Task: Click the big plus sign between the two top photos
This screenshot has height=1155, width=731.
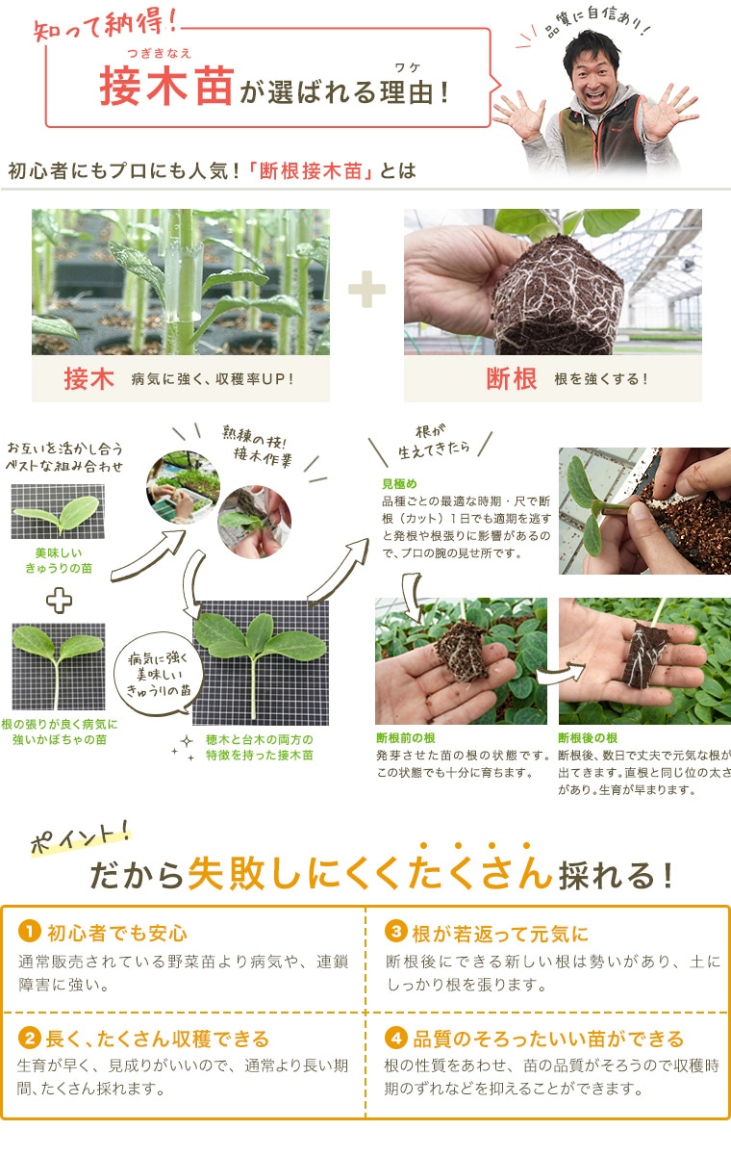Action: tap(366, 289)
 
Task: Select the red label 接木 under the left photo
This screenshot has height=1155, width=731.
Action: tap(89, 379)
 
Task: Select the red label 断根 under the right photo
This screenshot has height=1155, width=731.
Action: tap(512, 379)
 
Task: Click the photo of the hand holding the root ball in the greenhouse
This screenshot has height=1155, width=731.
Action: tap(552, 281)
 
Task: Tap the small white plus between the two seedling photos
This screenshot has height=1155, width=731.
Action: tap(60, 602)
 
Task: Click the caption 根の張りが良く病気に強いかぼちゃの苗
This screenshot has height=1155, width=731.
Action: tap(60, 731)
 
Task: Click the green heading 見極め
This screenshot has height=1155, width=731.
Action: tap(399, 483)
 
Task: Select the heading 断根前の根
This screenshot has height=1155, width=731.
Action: tap(407, 738)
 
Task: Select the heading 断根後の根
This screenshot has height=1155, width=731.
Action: tap(588, 738)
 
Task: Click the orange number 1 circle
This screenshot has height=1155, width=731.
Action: tap(30, 932)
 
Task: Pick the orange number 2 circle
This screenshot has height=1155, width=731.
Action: tap(30, 1039)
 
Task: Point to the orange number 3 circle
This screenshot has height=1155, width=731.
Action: tap(396, 932)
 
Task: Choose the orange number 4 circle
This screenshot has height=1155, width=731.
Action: tap(396, 1039)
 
